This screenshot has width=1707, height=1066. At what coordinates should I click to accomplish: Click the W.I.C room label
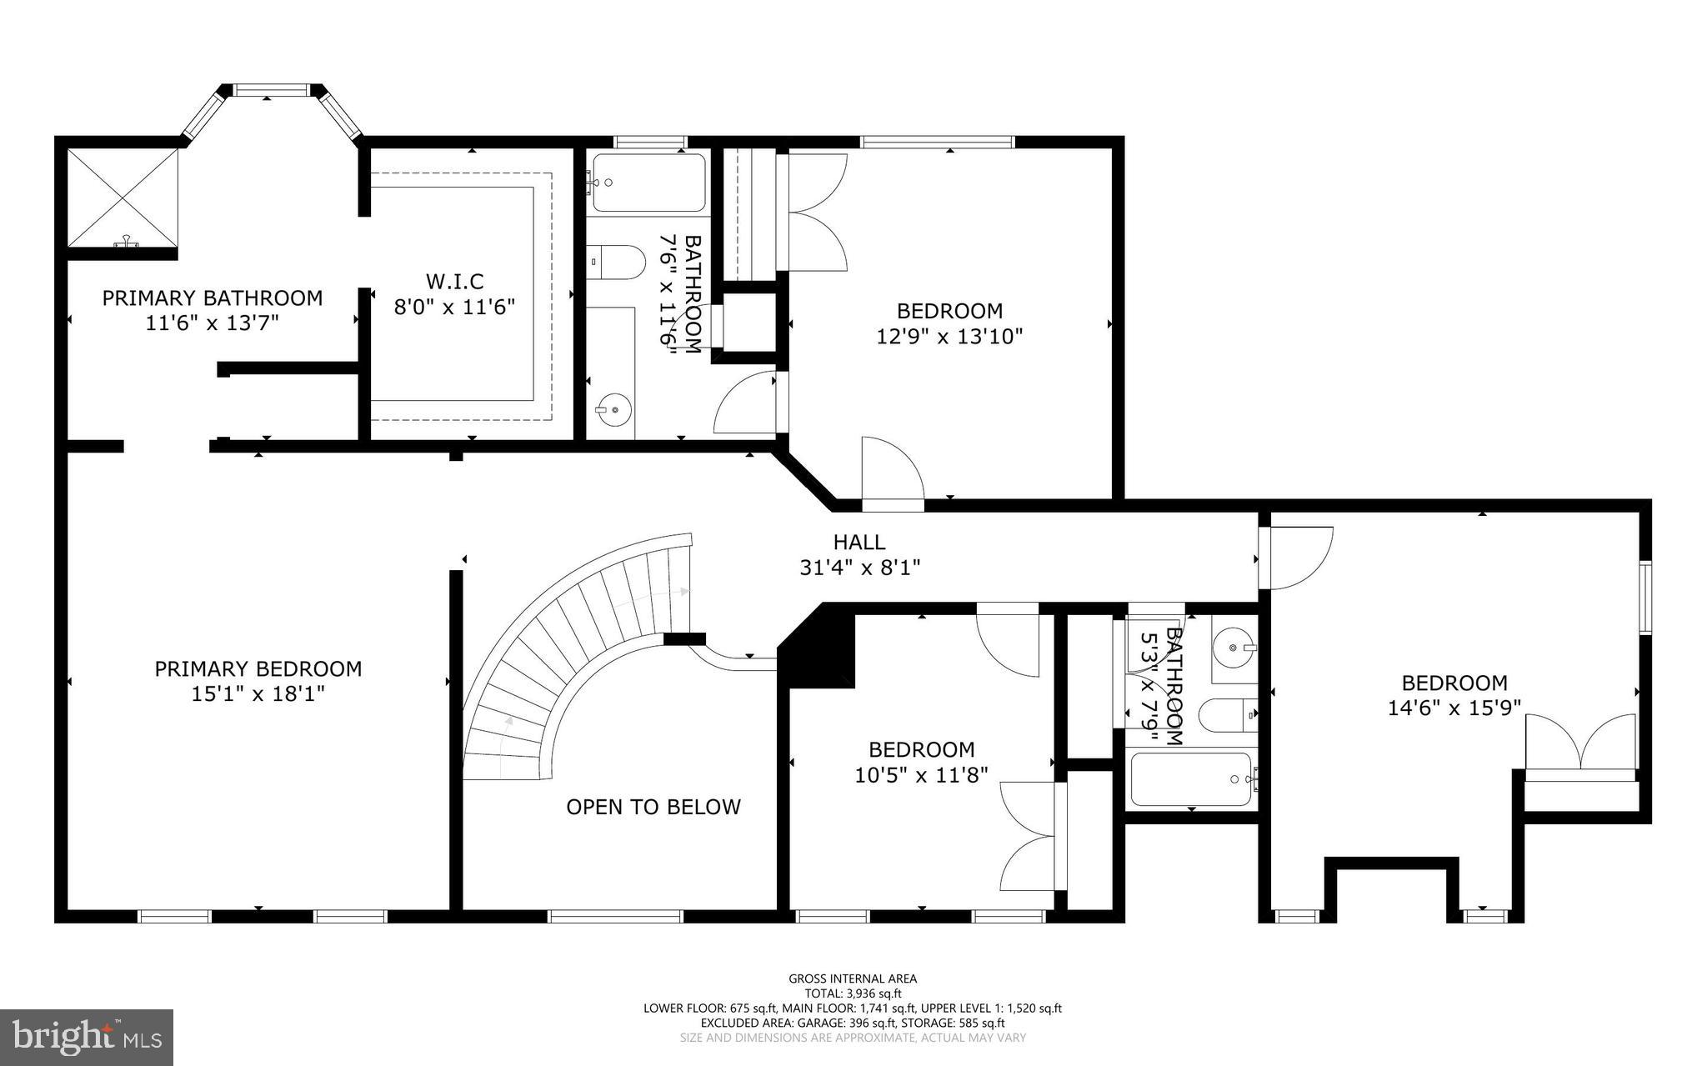tap(454, 282)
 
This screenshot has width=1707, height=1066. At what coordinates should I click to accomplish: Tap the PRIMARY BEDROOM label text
tap(258, 668)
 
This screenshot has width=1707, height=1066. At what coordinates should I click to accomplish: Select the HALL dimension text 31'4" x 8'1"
tap(859, 568)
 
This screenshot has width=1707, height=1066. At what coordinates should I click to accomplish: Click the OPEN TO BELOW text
tap(653, 807)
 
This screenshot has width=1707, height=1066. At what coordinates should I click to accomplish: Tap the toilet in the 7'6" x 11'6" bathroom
tap(617, 261)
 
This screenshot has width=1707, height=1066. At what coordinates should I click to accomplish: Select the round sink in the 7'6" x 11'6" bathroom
tap(613, 408)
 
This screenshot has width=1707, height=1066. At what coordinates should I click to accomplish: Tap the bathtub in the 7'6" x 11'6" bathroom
tap(648, 183)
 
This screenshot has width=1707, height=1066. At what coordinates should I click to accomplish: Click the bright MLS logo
tap(87, 1036)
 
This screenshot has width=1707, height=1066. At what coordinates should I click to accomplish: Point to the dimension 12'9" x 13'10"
tap(949, 337)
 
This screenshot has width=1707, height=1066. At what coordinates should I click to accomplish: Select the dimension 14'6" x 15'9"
tap(1454, 708)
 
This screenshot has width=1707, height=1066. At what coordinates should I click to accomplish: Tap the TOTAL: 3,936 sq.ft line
tap(853, 993)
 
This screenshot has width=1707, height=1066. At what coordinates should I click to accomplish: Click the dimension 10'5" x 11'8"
tap(921, 775)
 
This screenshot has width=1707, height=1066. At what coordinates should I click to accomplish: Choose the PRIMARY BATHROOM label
tap(213, 298)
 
